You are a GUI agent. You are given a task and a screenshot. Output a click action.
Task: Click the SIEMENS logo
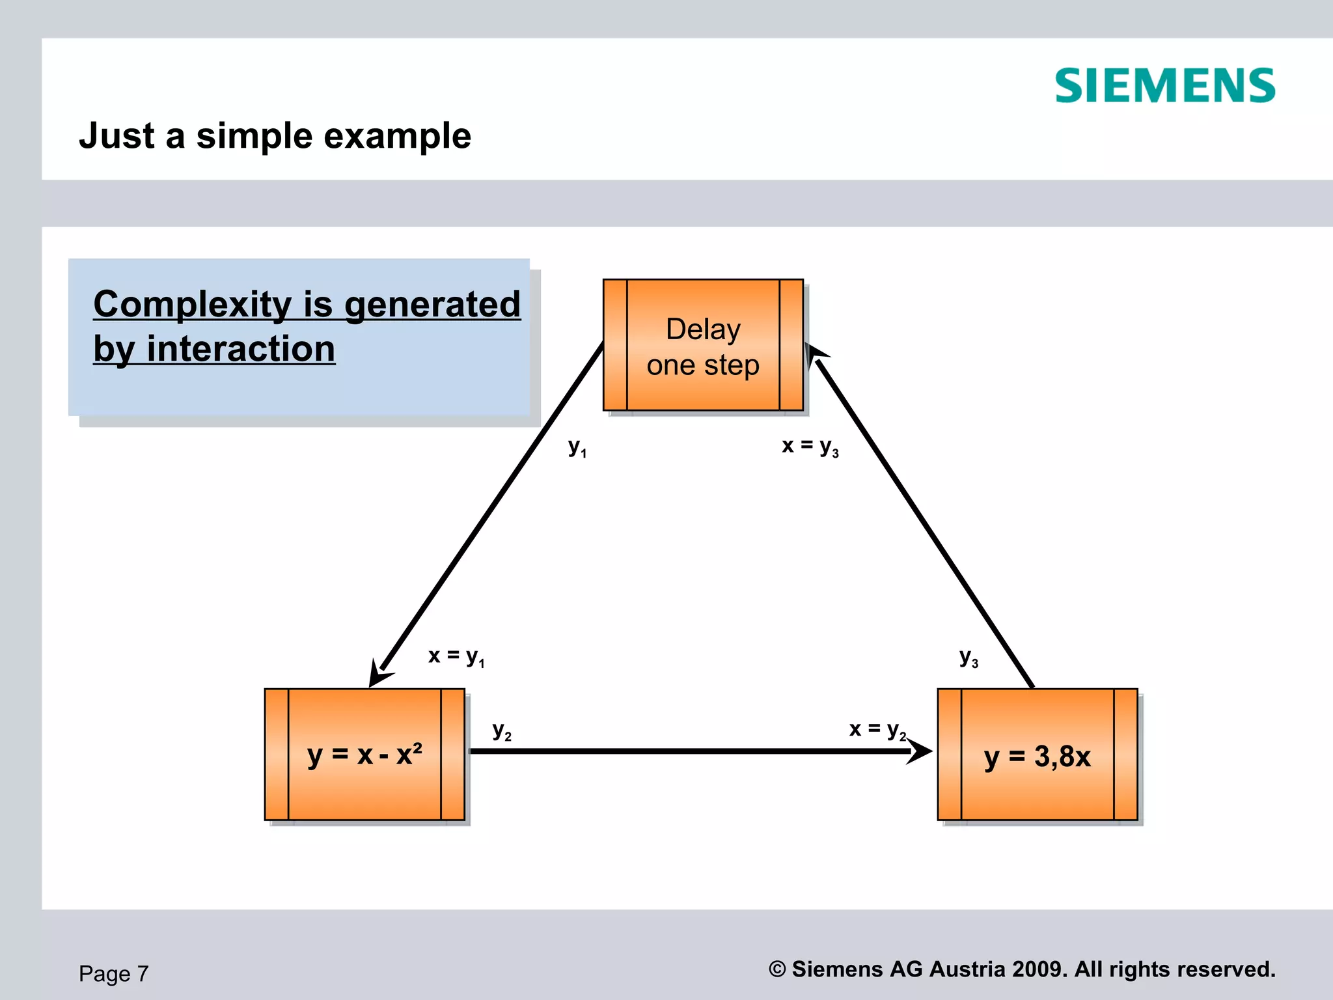point(1164,86)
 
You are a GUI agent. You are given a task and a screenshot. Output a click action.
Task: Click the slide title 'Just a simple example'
point(275,136)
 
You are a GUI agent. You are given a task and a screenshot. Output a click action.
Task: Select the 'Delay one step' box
point(703,345)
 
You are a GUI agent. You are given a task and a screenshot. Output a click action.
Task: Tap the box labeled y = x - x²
point(364,755)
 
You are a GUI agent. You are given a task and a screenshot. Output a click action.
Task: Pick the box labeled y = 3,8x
point(1038,755)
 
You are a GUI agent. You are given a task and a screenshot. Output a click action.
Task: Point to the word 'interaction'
point(240,349)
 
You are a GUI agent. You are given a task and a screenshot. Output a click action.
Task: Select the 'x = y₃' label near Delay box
point(810,446)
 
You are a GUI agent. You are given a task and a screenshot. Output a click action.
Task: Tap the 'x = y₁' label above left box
point(456,656)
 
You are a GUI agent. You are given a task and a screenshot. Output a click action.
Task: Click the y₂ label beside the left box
point(502,730)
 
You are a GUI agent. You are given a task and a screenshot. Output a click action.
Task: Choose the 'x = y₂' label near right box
point(877,729)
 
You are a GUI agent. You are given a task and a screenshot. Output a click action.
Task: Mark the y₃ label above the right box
point(969,658)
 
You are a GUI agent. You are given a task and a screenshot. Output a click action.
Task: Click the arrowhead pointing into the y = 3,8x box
point(920,751)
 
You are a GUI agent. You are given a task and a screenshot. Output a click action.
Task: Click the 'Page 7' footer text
point(114,974)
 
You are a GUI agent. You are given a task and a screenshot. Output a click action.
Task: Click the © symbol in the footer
point(777,969)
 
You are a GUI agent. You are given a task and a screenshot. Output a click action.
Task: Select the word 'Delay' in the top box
point(703,329)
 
